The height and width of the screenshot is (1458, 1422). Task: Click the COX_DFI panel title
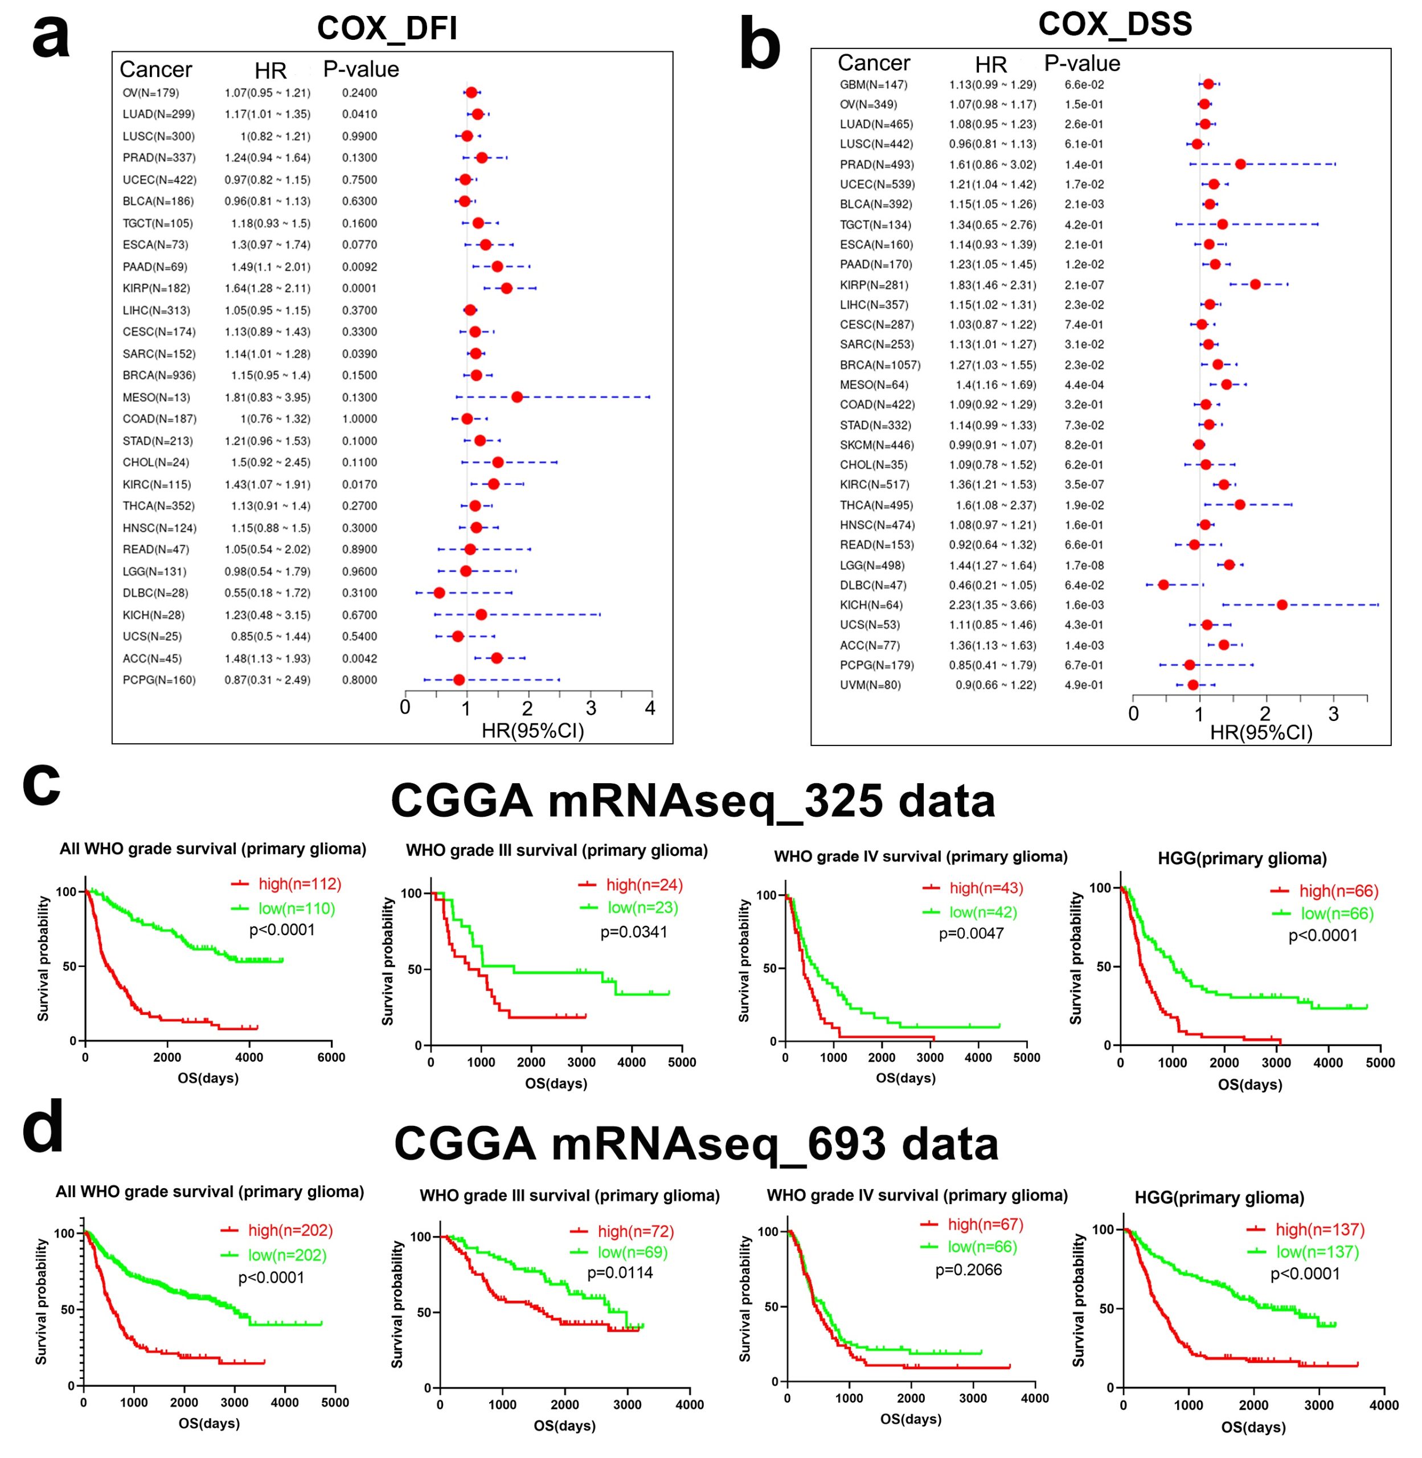pos(387,28)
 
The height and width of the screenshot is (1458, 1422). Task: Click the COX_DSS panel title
pos(1114,24)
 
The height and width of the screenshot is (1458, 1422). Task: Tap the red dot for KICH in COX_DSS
pos(1281,605)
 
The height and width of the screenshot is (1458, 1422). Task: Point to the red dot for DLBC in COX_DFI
pos(439,593)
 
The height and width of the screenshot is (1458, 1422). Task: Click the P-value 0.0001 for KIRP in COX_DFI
pos(359,288)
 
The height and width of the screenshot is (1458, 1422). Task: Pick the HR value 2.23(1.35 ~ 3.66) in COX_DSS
pos(993,605)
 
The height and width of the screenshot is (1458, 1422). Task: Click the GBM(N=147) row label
pos(873,84)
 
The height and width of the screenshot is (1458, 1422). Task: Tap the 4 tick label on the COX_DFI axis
pos(650,708)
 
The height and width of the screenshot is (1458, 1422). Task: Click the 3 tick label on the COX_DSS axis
pos(1333,715)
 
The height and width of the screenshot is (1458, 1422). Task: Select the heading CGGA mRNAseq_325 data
pos(692,801)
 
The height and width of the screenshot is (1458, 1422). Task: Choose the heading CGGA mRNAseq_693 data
pos(695,1144)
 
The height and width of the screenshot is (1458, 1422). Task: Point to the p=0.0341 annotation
pos(634,932)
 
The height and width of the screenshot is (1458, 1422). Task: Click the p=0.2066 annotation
pos(969,1270)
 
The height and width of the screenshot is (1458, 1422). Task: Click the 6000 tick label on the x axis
pos(331,1057)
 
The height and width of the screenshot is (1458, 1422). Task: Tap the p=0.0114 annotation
pos(620,1273)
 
